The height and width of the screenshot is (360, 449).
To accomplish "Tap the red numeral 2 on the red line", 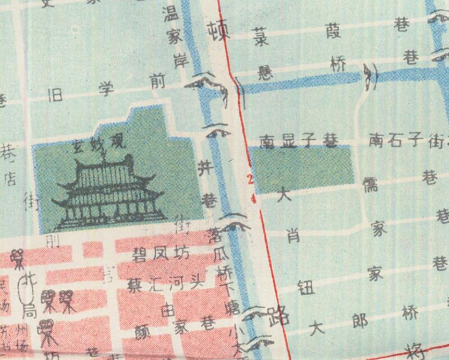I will tap(250, 179).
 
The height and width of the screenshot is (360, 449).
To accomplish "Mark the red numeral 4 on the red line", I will tap(254, 199).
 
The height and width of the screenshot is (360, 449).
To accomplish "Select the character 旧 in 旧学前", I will tap(60, 91).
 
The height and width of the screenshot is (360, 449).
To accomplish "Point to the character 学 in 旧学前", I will tap(107, 88).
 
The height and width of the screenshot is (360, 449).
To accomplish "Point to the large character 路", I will tap(278, 316).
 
